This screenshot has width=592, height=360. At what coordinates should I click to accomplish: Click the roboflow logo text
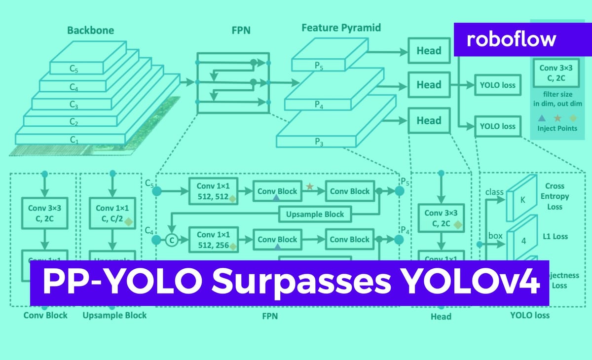[511, 38]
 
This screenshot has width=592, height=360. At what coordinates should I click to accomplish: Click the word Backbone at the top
[90, 30]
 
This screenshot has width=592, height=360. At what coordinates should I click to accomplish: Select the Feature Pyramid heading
[341, 28]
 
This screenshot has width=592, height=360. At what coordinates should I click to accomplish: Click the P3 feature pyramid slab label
[319, 142]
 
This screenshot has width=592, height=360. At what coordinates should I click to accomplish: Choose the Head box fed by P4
[428, 85]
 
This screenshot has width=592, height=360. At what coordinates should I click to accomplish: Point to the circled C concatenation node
[172, 240]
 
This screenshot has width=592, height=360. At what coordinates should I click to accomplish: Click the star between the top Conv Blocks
[309, 186]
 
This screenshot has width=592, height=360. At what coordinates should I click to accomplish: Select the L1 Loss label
[555, 236]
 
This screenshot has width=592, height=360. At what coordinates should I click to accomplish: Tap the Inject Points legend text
[557, 128]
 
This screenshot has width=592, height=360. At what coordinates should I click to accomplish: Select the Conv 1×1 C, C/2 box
[113, 213]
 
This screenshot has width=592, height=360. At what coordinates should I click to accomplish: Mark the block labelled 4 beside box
[523, 241]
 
